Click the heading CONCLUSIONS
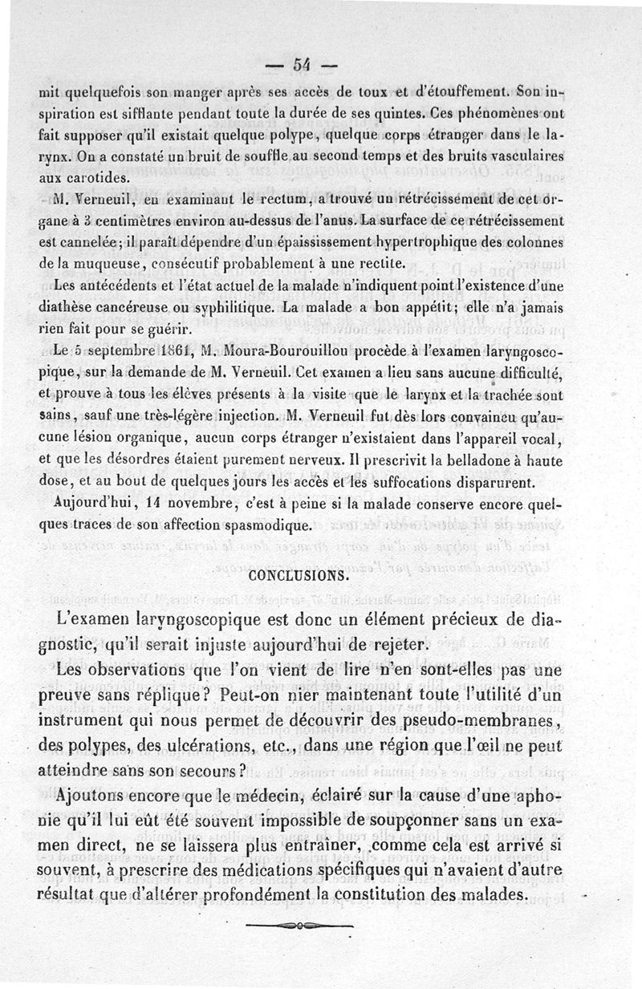tap(299, 576)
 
